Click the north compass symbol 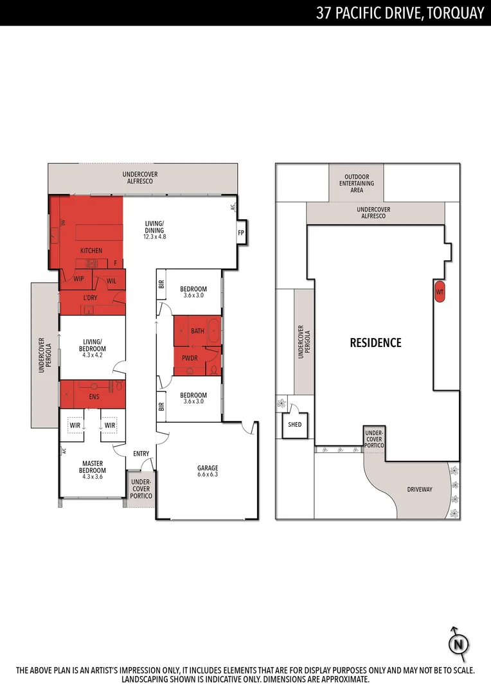458,644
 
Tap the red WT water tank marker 440,292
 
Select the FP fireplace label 242,233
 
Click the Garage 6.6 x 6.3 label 208,472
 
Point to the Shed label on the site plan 295,425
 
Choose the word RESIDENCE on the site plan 375,343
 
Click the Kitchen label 91,250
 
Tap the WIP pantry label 79,279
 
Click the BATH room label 197,331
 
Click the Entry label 141,454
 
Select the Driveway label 420,489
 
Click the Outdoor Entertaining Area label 357,183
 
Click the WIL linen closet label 111,281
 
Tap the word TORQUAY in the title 453,13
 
